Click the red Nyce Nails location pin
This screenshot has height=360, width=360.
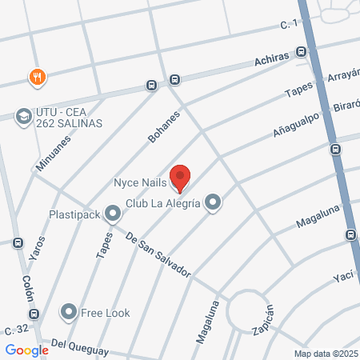point(181,178)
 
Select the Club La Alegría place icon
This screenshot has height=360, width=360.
point(213,203)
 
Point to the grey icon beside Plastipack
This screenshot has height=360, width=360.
point(113,214)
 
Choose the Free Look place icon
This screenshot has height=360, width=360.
point(70,312)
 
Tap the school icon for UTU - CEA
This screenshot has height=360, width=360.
point(23,116)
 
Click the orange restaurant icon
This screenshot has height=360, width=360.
point(36,77)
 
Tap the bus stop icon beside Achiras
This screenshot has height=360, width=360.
point(301,52)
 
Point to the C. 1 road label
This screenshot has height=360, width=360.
point(289,26)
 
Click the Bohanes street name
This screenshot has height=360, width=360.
point(163,127)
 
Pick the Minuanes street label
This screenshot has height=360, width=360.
point(54,151)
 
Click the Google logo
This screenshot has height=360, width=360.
point(26,350)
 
